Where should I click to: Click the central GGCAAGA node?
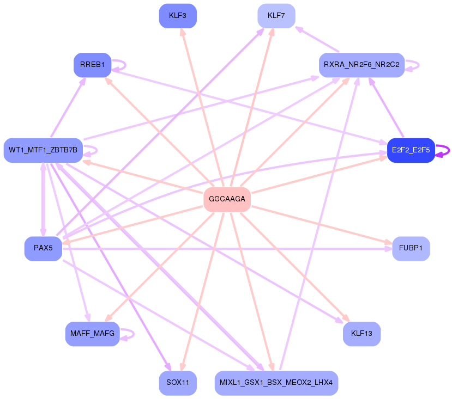pyautogui.click(x=227, y=199)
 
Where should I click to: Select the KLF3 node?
pyautogui.click(x=178, y=16)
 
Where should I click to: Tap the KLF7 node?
pyautogui.click(x=276, y=16)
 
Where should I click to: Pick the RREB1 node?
pyautogui.click(x=92, y=65)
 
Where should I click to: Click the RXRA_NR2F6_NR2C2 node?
pyautogui.click(x=361, y=65)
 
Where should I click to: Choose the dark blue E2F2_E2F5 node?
pyautogui.click(x=411, y=150)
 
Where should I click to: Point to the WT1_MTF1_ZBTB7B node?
pyautogui.click(x=43, y=150)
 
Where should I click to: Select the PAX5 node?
pyautogui.click(x=43, y=248)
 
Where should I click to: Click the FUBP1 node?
pyautogui.click(x=411, y=248)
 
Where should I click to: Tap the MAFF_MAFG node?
pyautogui.click(x=92, y=334)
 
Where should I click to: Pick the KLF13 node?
pyautogui.click(x=361, y=334)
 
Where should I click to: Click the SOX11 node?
pyautogui.click(x=178, y=383)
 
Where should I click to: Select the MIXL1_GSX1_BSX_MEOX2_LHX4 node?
pyautogui.click(x=276, y=383)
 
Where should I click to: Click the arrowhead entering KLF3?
pyautogui.click(x=182, y=32)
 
